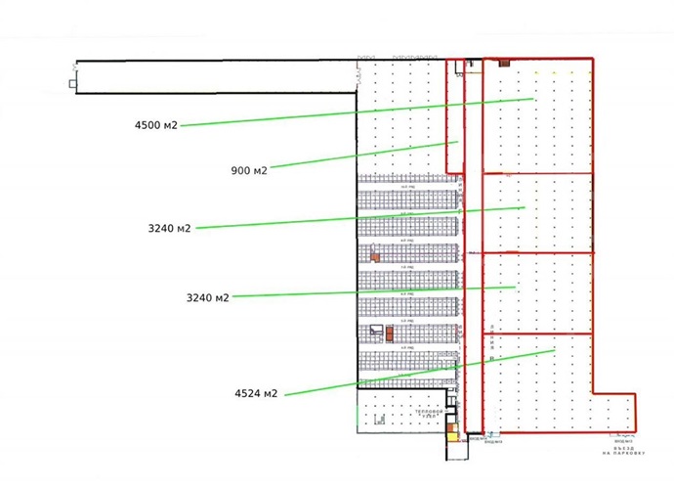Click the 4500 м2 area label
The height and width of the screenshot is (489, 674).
156,125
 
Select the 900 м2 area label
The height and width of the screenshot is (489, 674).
248,170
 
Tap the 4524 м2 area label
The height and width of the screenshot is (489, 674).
256,393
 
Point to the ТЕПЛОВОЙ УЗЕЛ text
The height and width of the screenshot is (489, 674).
431,415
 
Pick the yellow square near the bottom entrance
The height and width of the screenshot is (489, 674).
451,438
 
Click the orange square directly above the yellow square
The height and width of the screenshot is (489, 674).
450,426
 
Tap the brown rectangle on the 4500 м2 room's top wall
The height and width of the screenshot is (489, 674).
504,63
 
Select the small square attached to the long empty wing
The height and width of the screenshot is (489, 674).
73,84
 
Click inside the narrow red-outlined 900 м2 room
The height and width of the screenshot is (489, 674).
453,108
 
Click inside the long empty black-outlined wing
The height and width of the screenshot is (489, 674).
215,77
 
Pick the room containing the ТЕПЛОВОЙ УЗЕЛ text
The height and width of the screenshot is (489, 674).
400,411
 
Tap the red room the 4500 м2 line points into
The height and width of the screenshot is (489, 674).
537,117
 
